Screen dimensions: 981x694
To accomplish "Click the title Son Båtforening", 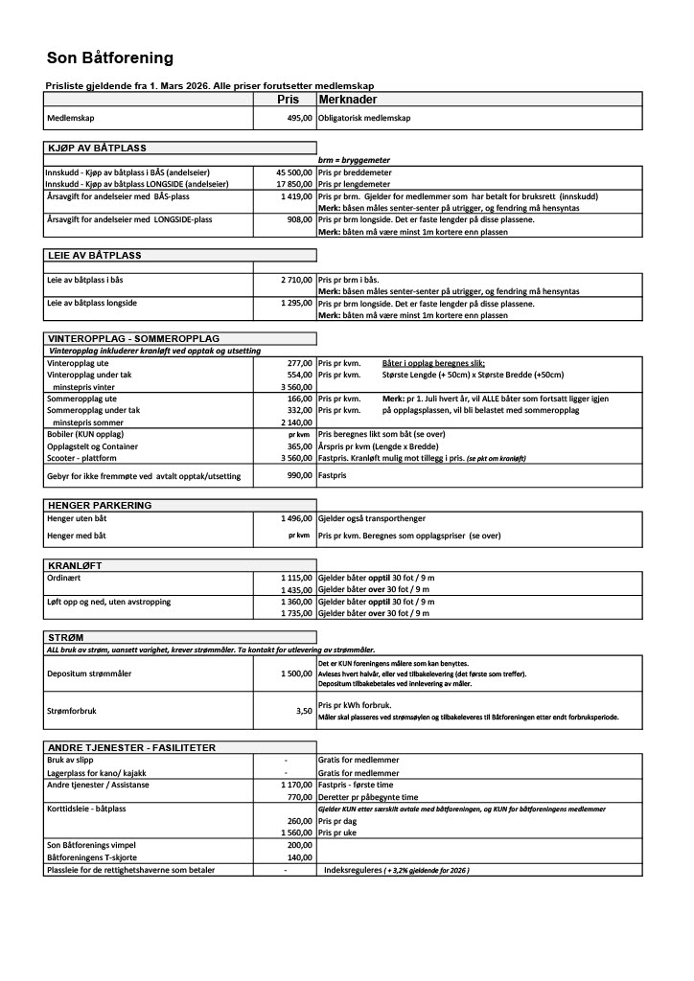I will pos(110,58).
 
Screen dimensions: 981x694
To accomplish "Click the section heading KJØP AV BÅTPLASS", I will pos(97,148).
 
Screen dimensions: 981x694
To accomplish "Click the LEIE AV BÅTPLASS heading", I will pos(94,255).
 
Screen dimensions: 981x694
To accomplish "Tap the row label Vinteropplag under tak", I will pos(93,376).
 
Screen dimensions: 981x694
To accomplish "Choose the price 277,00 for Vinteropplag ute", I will pos(299,364).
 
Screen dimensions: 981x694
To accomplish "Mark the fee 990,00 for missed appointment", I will pos(299,476).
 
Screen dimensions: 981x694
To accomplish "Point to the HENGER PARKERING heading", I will pos(99,505).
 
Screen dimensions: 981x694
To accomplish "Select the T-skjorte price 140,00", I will pos(299,858).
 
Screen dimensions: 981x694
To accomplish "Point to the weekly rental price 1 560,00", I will pos(296,833).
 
